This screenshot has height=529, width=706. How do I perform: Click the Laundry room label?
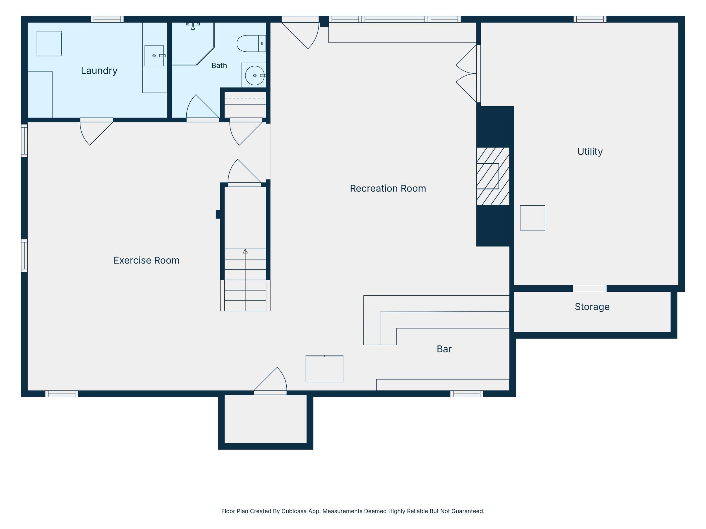coord(99,71)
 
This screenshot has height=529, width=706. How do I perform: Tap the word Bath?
coord(219,65)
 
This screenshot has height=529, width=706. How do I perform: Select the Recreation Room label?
coord(388,188)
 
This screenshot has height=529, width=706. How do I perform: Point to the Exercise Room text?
coord(147,260)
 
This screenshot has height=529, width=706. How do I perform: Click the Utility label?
coord(590,152)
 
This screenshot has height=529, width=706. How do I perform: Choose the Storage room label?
coord(592,307)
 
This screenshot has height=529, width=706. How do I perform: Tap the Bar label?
coord(444,349)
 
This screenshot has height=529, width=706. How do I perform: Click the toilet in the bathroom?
coord(251,43)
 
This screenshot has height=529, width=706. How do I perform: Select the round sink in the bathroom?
coord(255,76)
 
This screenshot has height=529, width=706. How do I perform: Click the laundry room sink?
coord(154,56)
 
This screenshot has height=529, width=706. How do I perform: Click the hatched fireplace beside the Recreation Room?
coord(493,176)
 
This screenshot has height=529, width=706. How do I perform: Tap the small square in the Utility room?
coord(532,218)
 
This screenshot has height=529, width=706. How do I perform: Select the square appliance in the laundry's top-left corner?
coord(49,43)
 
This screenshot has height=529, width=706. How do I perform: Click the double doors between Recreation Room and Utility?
coord(467,74)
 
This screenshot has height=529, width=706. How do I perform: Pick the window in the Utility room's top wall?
coord(590,19)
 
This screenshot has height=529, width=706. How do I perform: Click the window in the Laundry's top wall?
coord(107,19)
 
